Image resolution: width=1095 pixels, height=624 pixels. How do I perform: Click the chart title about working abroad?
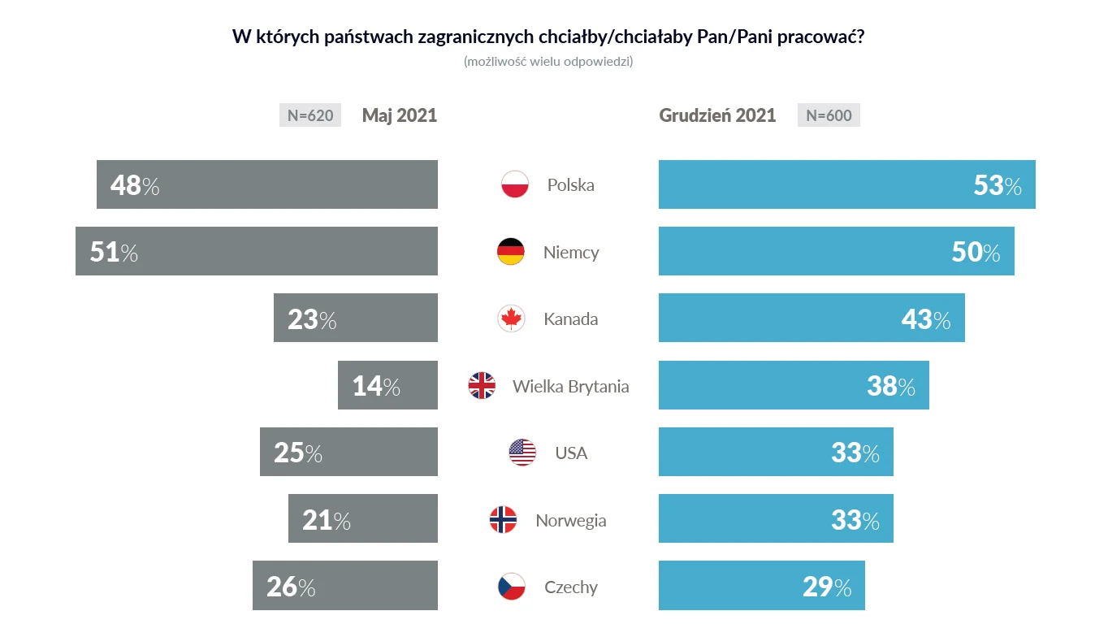(x=547, y=37)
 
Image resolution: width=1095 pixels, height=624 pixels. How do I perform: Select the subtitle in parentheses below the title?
(x=547, y=62)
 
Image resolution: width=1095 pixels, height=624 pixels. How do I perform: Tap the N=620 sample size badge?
(x=309, y=115)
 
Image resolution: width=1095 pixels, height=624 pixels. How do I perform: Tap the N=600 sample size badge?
(x=829, y=115)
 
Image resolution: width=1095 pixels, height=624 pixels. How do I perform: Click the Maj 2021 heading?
(x=399, y=115)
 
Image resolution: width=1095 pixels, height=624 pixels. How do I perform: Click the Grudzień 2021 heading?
(x=717, y=115)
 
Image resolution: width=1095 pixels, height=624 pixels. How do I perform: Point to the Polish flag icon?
(x=515, y=184)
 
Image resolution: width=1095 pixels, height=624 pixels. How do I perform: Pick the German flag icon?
(x=510, y=252)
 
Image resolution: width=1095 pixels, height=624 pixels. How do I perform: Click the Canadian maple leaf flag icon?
(x=511, y=318)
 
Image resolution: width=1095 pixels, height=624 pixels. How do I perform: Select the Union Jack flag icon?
(x=482, y=385)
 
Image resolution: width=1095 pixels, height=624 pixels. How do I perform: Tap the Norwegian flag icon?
(x=503, y=519)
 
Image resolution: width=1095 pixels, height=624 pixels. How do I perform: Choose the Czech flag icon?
(x=511, y=587)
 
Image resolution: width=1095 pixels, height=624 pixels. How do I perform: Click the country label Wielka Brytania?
(x=570, y=386)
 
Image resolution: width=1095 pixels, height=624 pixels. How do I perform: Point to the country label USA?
(x=571, y=453)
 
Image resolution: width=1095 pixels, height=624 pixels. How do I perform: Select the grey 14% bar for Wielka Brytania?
(x=387, y=385)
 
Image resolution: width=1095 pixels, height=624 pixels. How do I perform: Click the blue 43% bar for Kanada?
(x=811, y=318)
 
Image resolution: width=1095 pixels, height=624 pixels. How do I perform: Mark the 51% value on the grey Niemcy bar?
(x=114, y=252)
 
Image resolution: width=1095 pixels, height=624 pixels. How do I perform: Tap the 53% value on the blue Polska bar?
(x=998, y=185)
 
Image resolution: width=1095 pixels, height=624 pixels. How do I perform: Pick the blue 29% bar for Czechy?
(x=761, y=585)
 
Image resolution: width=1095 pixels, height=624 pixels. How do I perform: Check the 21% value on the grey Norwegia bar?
(x=327, y=520)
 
